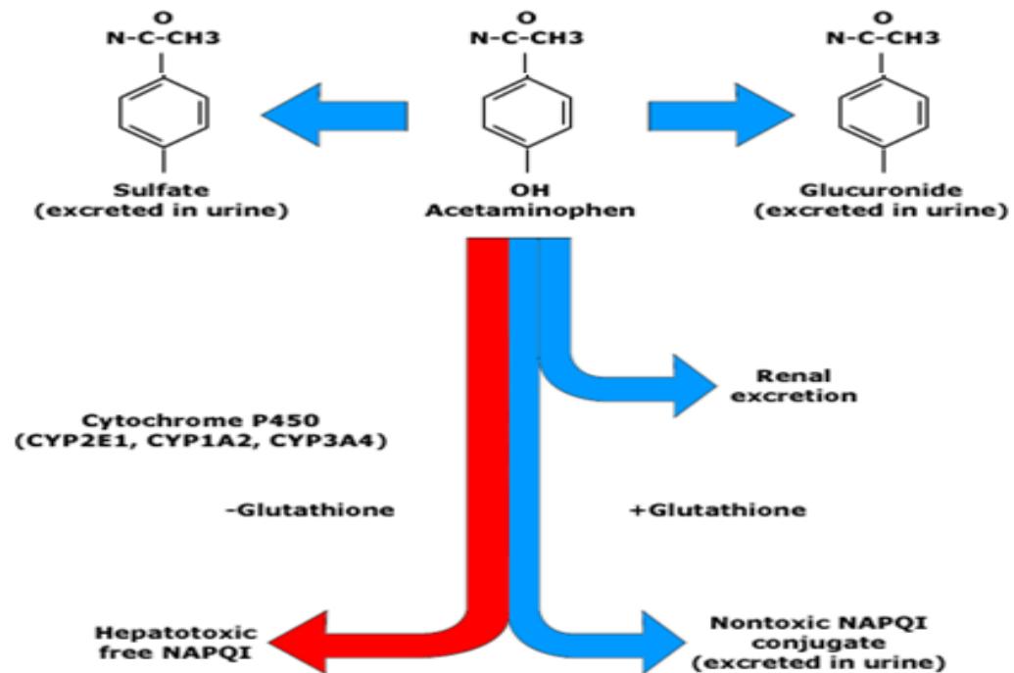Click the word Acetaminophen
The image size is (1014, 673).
(530, 211)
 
